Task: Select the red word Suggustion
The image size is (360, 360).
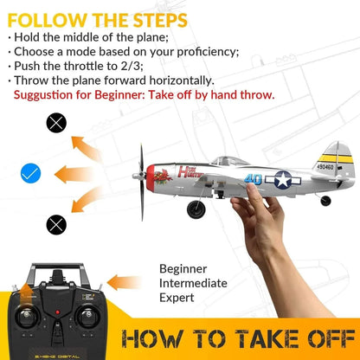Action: click(x=47, y=94)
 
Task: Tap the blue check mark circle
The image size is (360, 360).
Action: click(x=31, y=174)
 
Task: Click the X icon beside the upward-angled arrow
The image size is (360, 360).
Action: click(x=55, y=123)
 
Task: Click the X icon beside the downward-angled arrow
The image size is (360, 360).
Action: click(x=55, y=225)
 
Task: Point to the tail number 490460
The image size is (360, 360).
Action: click(x=326, y=168)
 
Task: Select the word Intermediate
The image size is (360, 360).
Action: click(x=194, y=283)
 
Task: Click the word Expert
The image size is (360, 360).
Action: click(x=177, y=298)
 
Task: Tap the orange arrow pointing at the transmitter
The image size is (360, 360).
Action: click(x=125, y=281)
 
